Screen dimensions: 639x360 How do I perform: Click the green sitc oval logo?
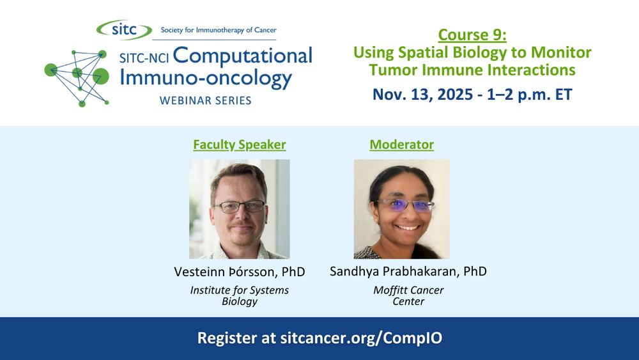coord(124,30)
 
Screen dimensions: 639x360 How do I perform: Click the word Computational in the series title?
coord(242,56)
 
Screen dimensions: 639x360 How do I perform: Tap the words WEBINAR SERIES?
coord(205,100)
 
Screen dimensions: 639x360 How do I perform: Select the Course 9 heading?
coord(472,35)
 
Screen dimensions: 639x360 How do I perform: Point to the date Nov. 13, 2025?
coord(422,95)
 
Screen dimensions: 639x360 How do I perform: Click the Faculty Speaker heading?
coord(240,145)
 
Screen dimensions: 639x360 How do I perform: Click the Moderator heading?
coord(402,145)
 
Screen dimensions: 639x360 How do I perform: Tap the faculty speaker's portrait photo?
coord(240,209)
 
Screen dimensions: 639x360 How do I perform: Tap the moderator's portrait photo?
coord(402,209)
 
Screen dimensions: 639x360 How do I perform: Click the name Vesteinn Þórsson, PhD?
coord(240,272)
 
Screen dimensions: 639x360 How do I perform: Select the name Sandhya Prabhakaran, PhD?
coord(408,272)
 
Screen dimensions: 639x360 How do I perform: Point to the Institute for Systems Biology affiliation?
coord(240,295)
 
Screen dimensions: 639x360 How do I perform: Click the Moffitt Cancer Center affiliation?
coord(408,295)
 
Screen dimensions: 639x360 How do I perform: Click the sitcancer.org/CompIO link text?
coord(361,338)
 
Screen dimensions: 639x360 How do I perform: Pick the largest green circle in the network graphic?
coord(101,76)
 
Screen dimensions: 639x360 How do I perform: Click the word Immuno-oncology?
coord(206,78)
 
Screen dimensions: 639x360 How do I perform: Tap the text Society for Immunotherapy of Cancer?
coord(219,30)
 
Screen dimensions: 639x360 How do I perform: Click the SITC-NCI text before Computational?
coord(144,58)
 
